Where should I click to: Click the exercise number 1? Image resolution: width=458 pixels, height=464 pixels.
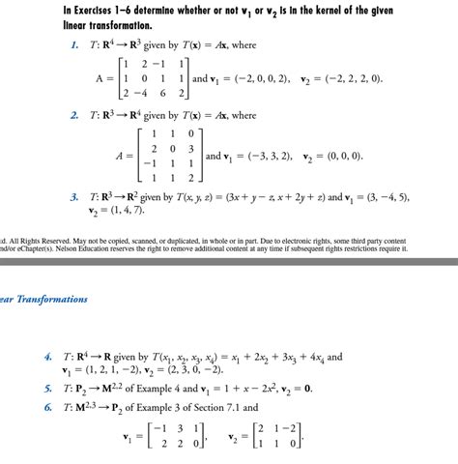[x=73, y=44]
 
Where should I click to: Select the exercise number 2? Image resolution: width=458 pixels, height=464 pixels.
[x=73, y=115]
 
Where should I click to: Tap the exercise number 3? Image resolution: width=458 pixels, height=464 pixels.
[x=73, y=197]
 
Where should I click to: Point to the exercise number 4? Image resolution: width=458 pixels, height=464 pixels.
[x=47, y=357]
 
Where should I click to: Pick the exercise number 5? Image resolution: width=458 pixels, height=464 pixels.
[x=47, y=388]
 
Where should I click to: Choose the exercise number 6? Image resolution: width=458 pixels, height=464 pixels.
[x=47, y=406]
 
